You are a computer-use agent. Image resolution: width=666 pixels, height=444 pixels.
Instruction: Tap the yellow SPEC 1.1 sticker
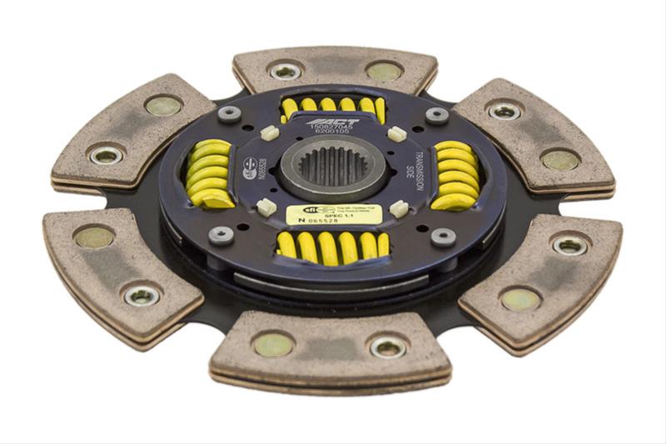coord(334,214)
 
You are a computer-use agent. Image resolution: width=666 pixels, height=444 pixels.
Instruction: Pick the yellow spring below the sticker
coord(333,245)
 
